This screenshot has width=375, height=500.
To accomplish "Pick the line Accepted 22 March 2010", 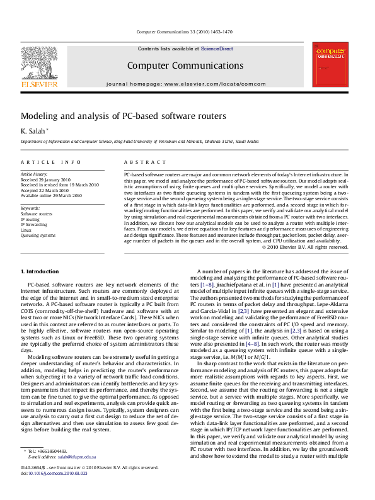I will [x=45, y=190].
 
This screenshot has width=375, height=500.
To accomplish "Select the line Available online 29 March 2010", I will [x=51, y=196].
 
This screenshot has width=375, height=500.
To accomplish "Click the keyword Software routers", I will [x=37, y=213].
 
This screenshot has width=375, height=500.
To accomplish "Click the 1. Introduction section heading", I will [x=40, y=271].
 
